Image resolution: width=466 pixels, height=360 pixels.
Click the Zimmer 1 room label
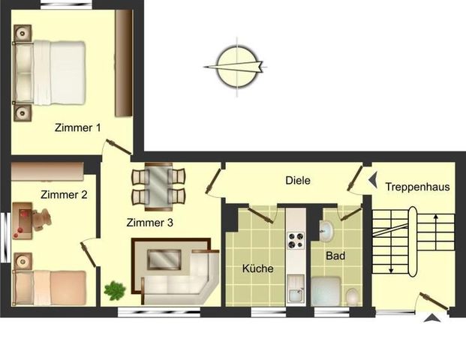click(x=77, y=127)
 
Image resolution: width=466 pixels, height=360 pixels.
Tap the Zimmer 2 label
click(x=64, y=195)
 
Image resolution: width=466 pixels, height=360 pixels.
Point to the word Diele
click(x=298, y=180)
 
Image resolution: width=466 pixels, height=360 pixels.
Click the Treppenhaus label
click(x=417, y=187)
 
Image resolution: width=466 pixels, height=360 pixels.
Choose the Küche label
click(x=257, y=268)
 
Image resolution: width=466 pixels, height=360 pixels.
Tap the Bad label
click(x=335, y=256)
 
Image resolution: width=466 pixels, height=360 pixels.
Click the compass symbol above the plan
click(x=234, y=66)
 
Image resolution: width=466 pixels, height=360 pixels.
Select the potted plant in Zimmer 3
click(x=114, y=290)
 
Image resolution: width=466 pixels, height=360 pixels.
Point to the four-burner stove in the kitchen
click(x=296, y=241)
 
